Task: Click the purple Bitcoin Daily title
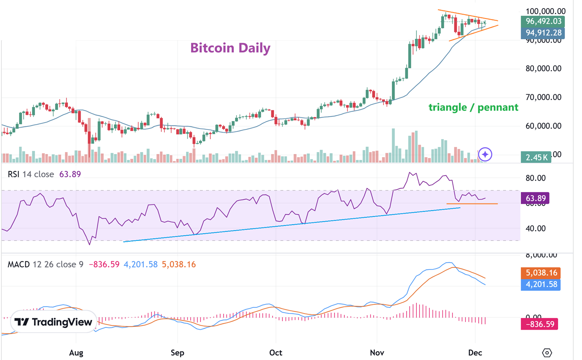point(230,48)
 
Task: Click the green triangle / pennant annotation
point(473,107)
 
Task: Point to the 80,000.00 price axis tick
point(543,68)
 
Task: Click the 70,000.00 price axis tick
point(543,97)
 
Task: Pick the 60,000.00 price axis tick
point(543,126)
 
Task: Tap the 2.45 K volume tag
point(536,157)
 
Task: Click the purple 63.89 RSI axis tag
point(535,198)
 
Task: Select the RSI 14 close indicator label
point(31,174)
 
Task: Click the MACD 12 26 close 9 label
point(45,264)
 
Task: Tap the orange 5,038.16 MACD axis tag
point(541,272)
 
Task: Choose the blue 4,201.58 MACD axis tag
point(541,284)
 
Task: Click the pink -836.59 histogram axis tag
point(539,324)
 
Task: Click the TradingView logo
point(53,322)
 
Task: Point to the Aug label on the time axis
point(76,353)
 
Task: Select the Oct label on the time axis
point(276,353)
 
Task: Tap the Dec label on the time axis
point(475,353)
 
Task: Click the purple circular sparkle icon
point(485,154)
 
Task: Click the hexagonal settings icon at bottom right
point(547,353)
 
